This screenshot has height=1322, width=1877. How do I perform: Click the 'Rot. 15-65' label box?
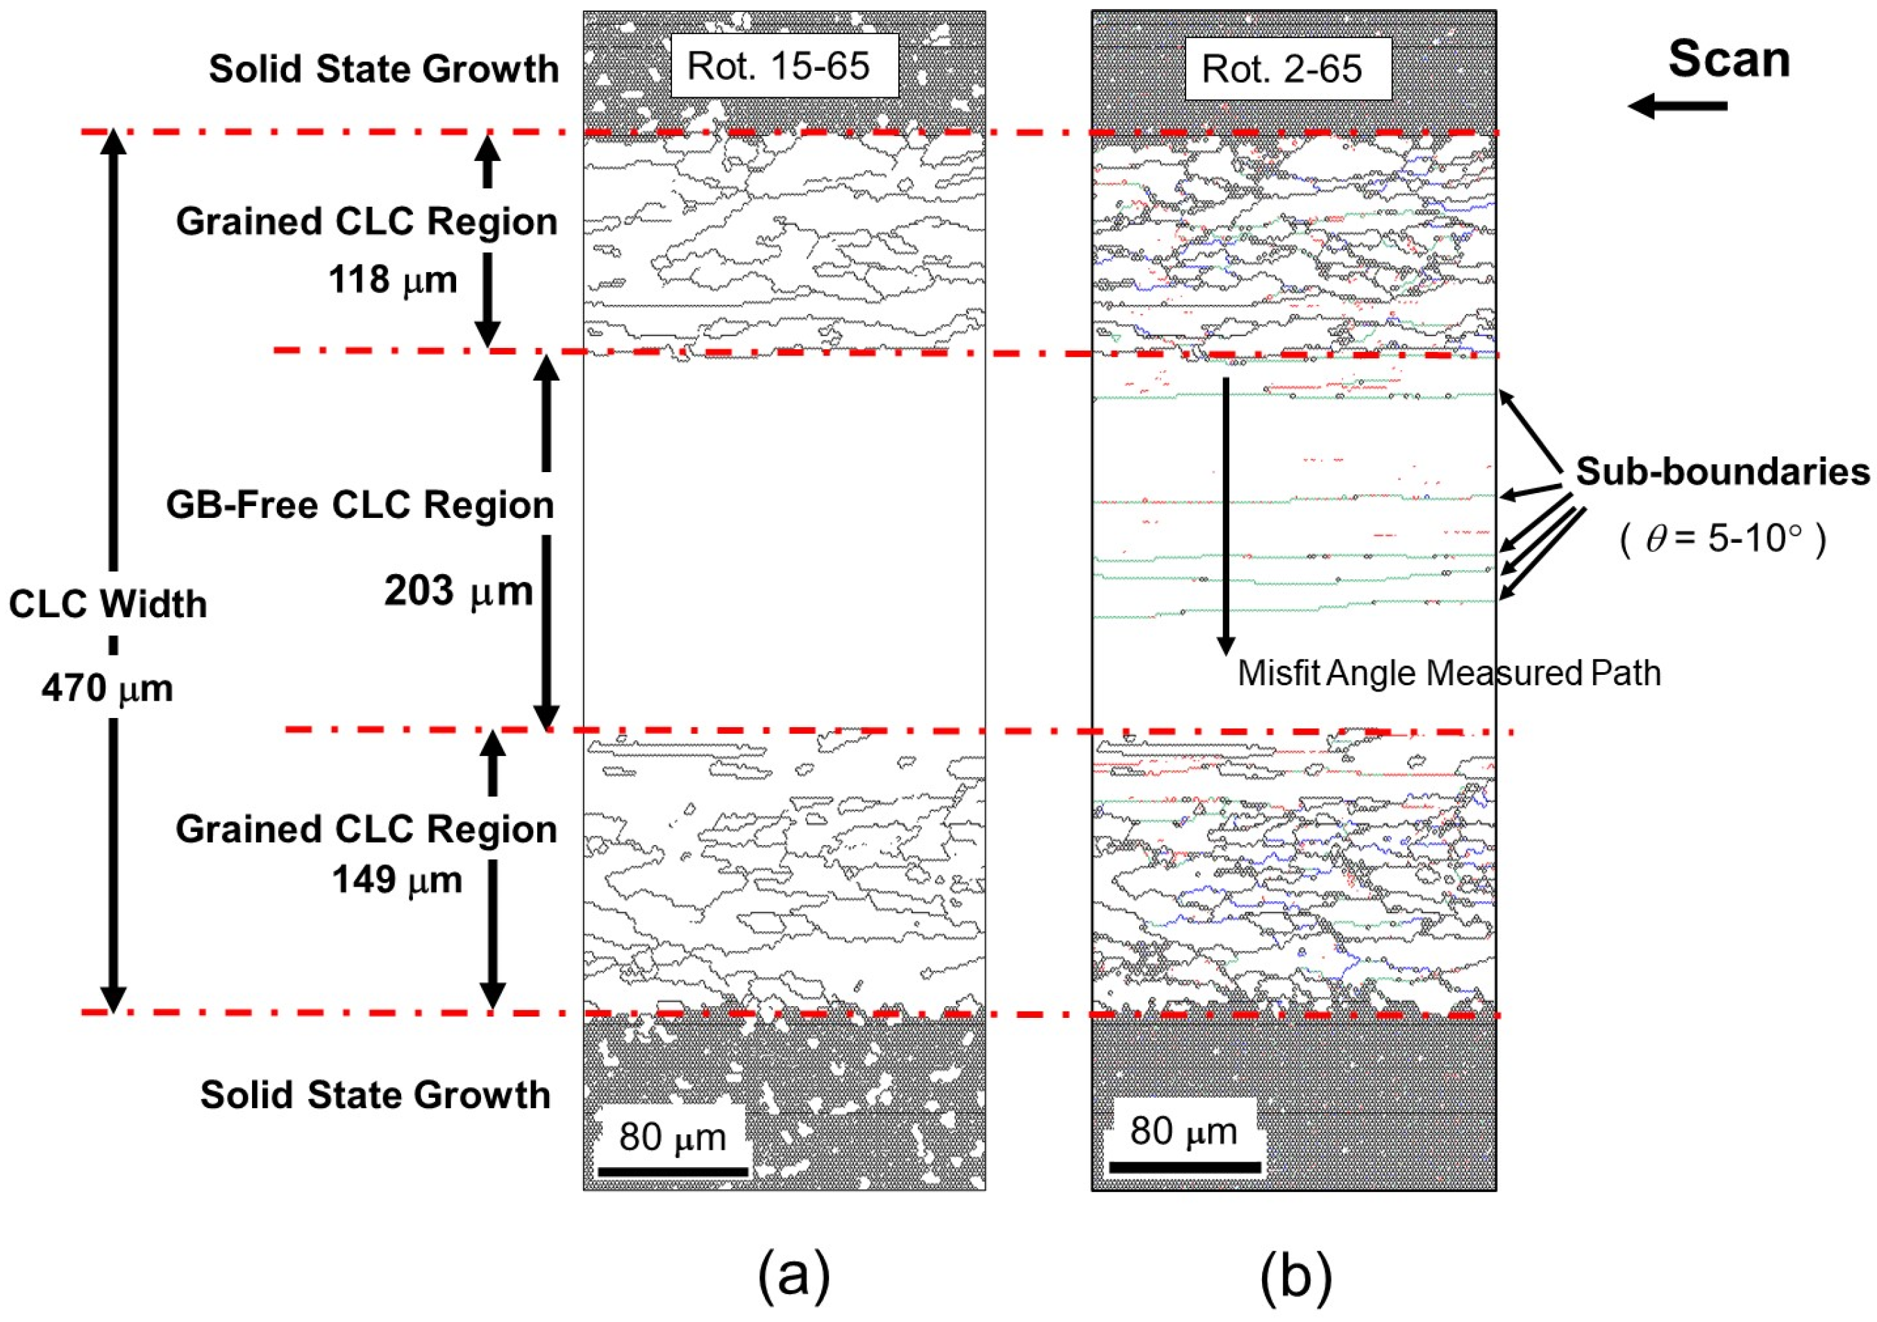click(x=783, y=66)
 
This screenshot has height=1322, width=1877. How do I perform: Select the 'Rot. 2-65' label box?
click(x=1288, y=69)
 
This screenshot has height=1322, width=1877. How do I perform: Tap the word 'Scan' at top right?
click(x=1728, y=60)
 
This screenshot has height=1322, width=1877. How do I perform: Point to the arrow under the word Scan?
click(x=1678, y=106)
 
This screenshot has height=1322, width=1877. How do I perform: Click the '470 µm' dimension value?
click(x=107, y=688)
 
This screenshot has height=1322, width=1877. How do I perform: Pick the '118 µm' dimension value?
click(x=392, y=281)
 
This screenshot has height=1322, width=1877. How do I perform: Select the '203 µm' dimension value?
click(x=458, y=591)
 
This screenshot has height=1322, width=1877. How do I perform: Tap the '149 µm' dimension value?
click(x=397, y=880)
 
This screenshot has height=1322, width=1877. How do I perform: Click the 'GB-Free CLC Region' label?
click(x=360, y=505)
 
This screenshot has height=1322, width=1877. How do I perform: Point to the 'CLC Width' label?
click(x=108, y=605)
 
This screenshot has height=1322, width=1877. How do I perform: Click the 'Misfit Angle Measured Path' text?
click(x=1449, y=673)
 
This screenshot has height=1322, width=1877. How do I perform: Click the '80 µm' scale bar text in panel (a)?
click(x=672, y=1137)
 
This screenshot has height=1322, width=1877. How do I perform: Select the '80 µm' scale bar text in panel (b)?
click(x=1182, y=1132)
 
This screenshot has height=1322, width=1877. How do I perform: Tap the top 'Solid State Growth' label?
click(x=383, y=69)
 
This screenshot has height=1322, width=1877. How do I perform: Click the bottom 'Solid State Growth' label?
click(x=376, y=1095)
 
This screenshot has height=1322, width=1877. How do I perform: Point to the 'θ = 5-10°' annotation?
click(x=1722, y=539)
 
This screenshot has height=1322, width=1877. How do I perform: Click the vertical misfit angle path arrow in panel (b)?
click(x=1225, y=515)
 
